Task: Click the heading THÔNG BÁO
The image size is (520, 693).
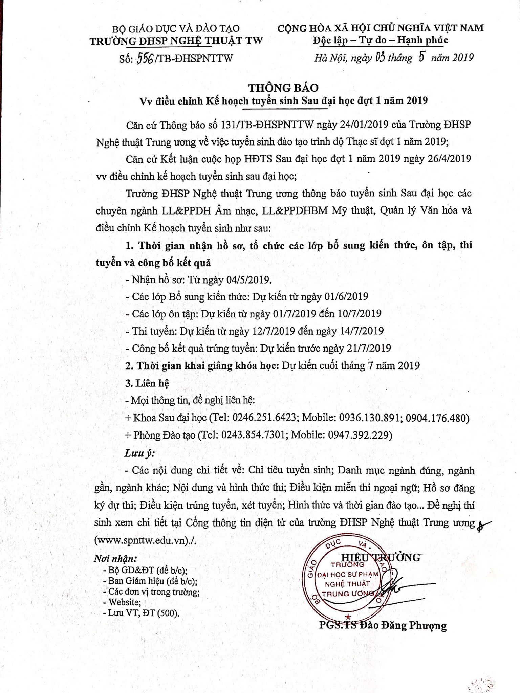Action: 283,88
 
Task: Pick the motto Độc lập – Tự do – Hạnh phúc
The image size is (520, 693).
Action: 380,40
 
